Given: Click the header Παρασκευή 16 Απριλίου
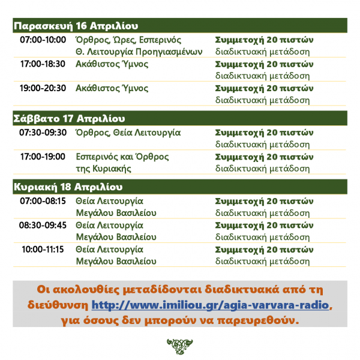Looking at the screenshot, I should point(76,26).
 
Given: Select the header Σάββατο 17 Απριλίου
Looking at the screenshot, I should point(68,118).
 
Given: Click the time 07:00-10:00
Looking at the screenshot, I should point(43,40).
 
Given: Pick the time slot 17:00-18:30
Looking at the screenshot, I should point(43,64).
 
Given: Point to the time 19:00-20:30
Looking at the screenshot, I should point(43,88).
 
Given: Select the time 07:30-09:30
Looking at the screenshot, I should point(43,132).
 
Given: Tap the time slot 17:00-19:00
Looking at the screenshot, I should point(43,157).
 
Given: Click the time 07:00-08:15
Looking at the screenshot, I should point(43,200).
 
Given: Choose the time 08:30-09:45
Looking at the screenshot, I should point(43,225).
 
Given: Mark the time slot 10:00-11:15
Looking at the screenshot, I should point(43,249).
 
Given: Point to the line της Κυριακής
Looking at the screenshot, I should point(103,169).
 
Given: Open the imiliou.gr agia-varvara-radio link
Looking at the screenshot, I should point(211,305).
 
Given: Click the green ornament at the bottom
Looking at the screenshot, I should point(179,346).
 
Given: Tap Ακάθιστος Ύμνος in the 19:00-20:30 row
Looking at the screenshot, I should point(112,88).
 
